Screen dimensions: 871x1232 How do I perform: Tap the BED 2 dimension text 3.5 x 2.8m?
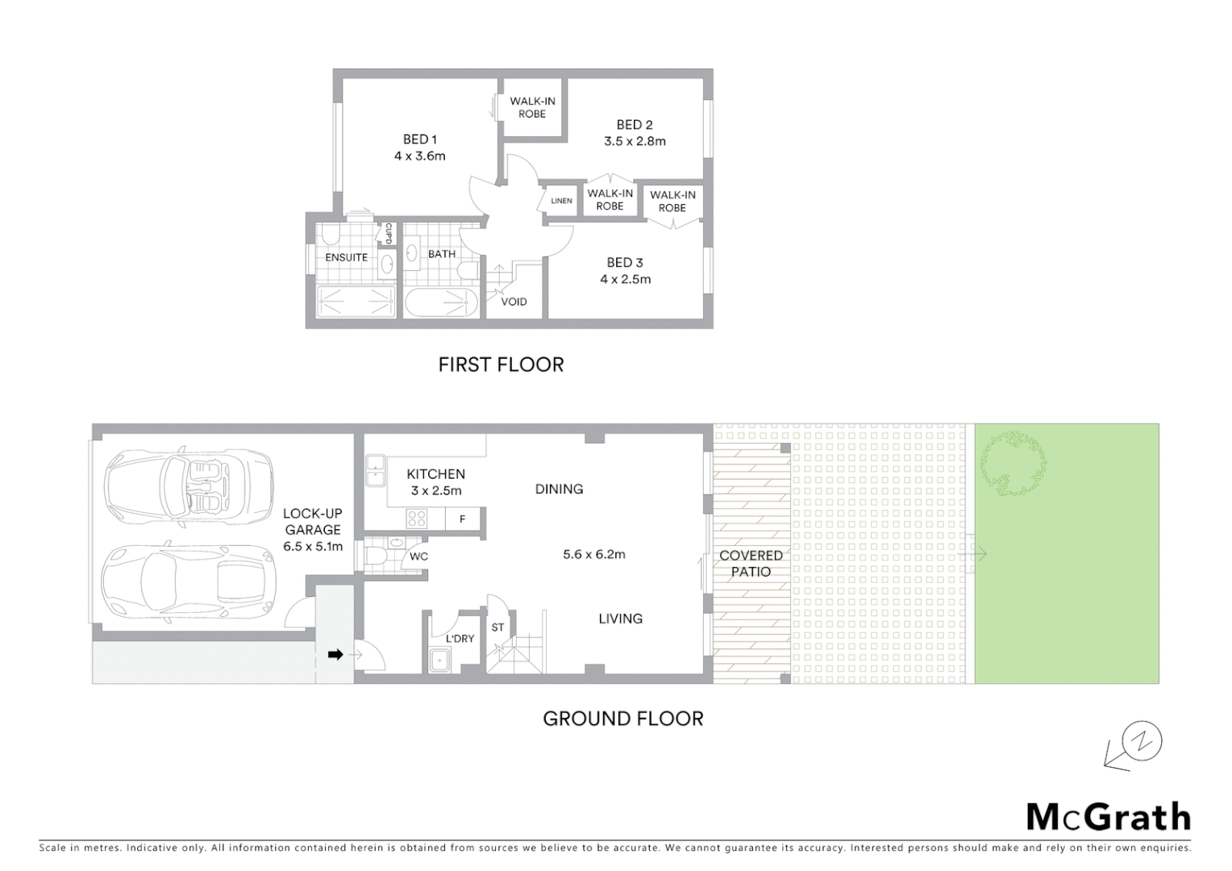[635, 141]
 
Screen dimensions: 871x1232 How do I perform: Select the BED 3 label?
[625, 262]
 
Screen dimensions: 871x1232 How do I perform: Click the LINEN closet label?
[561, 201]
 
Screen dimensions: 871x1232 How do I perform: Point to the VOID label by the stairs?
[514, 302]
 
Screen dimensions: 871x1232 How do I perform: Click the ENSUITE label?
[346, 257]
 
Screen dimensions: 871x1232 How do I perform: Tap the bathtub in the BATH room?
[440, 303]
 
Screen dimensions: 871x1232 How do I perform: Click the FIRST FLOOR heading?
[501, 365]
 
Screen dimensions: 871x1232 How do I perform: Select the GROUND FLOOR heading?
[622, 719]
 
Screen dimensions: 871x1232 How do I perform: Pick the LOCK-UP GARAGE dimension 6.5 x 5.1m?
[313, 546]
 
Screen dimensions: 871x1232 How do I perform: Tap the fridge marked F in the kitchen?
[462, 519]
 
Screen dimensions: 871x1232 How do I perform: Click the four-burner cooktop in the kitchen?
[416, 519]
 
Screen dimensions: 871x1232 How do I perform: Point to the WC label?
[418, 556]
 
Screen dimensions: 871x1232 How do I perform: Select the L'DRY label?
[460, 639]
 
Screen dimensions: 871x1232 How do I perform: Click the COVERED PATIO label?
[751, 563]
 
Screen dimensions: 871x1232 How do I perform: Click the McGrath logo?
[1108, 817]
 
